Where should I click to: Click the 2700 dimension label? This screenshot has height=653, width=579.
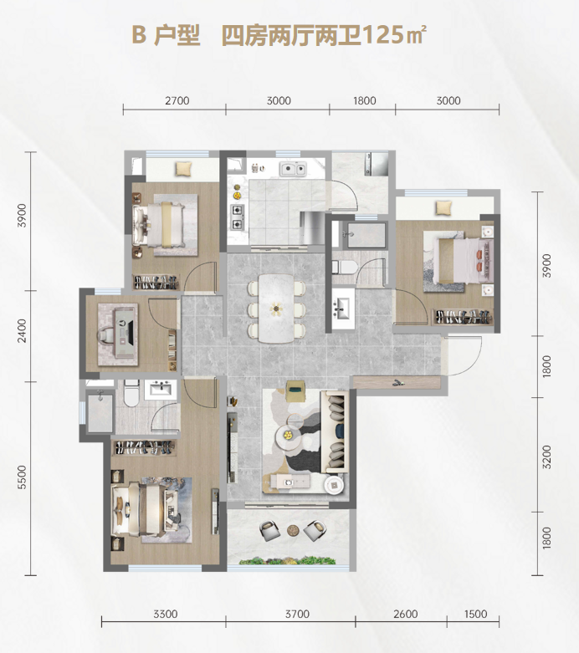point(177,101)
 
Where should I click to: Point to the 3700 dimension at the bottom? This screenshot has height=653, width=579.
point(297,614)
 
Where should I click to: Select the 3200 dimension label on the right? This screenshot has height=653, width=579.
point(547,457)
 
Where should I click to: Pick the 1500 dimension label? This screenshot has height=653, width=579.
point(475,614)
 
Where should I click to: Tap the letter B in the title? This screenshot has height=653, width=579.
point(139,35)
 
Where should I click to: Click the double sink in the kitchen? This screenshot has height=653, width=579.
point(293,169)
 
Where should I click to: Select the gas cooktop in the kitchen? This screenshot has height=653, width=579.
point(238,217)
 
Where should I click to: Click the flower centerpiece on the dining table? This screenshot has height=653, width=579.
point(275,309)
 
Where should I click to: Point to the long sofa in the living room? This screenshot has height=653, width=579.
point(335,432)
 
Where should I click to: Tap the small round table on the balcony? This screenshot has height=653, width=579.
point(293,530)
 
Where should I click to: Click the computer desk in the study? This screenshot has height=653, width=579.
point(118,334)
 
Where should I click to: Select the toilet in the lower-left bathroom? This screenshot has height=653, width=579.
point(131,393)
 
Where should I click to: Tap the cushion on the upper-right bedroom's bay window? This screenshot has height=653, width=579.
point(443,207)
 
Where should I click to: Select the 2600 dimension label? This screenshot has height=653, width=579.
point(406,614)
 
